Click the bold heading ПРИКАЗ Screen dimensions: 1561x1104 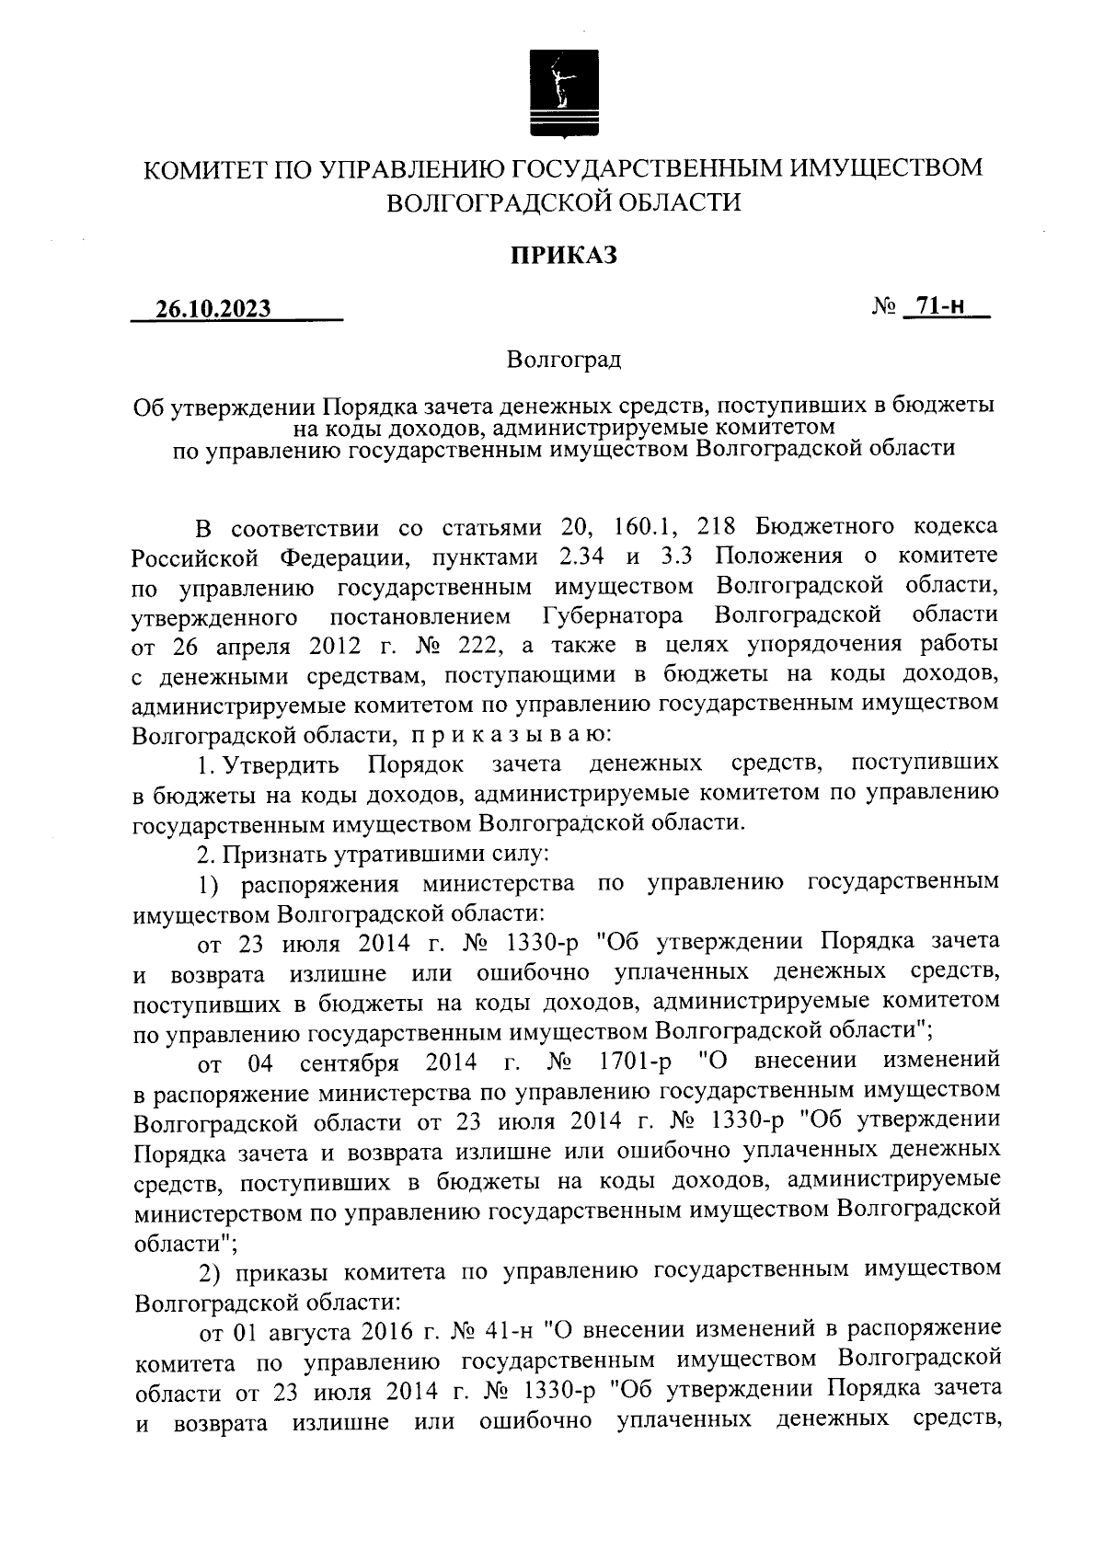tap(564, 256)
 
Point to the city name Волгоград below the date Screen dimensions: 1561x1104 tap(564, 359)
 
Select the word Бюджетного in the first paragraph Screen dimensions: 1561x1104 tap(824, 527)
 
